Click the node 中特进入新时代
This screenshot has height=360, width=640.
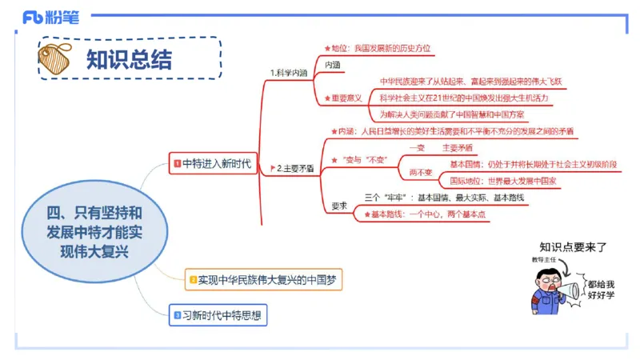212,165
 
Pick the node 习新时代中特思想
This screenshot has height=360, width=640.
218,315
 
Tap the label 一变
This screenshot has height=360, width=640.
417,148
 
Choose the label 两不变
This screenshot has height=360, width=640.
421,172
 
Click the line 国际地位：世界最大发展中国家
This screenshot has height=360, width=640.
502,181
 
